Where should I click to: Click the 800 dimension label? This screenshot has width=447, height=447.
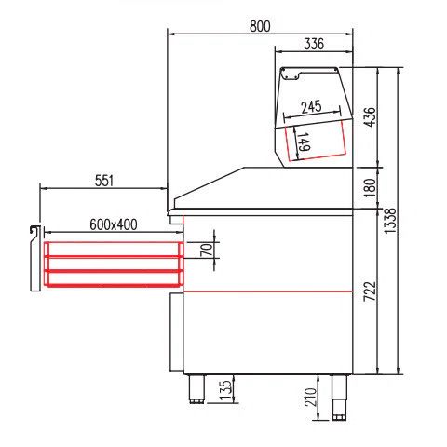260,26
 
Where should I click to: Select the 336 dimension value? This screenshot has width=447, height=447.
314,44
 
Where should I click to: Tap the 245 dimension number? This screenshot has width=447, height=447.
311,107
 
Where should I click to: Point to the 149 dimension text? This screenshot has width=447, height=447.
304,142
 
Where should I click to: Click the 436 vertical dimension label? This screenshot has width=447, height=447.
370,117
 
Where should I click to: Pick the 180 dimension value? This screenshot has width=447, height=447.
370,187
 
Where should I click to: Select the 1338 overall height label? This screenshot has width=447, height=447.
390,221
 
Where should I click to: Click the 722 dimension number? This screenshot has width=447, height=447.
370,291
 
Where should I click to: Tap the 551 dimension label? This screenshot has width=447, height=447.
104,181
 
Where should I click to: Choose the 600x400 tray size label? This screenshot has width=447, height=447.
114,224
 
